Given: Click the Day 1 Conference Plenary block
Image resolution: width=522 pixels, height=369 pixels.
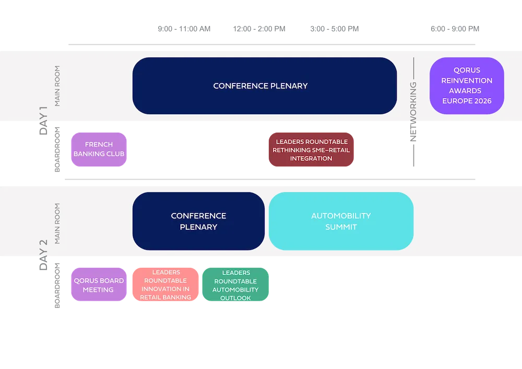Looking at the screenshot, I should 265,86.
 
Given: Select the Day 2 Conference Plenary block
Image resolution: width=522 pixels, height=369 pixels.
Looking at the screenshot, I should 198,221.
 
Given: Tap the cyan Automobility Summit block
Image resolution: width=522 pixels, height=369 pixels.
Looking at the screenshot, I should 341,221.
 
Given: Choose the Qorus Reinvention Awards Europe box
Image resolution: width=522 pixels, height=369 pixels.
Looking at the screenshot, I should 467,86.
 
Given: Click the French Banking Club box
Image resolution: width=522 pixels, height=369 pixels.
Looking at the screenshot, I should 99,149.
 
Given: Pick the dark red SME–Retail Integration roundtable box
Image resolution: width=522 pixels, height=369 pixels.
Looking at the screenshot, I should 311,150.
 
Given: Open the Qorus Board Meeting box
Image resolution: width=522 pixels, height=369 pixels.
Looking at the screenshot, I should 98,285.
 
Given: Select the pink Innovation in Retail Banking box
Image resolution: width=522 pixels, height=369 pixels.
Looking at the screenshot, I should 165,285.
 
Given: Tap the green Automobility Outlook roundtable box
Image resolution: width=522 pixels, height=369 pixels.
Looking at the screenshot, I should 236,285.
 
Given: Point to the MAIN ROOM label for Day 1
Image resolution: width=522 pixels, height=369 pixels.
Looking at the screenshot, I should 57,86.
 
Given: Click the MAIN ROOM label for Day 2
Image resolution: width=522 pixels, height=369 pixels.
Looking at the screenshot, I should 57,223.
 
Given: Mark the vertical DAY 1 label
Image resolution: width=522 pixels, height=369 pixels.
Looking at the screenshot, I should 43,121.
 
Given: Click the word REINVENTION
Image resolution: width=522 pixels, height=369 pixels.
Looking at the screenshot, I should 467,80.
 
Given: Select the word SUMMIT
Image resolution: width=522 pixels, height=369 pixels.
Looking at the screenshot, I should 341,227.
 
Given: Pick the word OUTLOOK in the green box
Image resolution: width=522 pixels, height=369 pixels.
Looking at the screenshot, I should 236,298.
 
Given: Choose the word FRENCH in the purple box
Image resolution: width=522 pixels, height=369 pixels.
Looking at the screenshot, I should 99,144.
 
